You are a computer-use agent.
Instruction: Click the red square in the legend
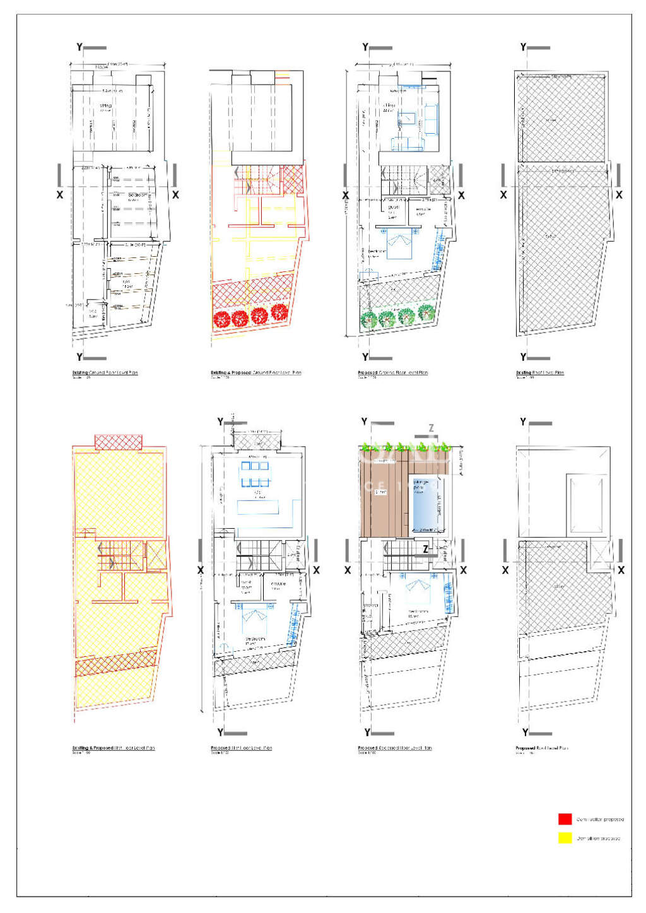565,819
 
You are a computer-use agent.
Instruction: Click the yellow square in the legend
565,838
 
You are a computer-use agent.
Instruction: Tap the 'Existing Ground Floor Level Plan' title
105,373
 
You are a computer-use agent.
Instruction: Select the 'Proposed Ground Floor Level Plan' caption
392,373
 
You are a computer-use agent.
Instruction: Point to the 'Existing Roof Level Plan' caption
540,373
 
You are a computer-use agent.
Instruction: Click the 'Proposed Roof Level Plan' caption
541,748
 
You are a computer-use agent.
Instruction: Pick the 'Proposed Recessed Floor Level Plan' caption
394,748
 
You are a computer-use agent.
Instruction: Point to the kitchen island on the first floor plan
258,507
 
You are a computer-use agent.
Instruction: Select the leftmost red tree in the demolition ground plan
221,318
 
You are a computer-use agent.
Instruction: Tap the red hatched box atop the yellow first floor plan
119,442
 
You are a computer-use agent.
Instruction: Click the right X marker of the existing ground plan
175,195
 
